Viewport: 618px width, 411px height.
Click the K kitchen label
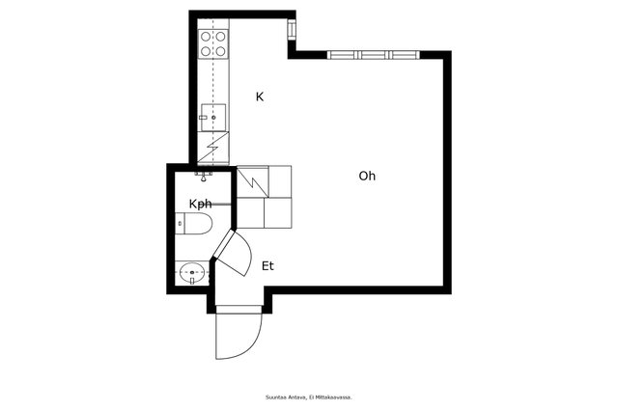point(260,96)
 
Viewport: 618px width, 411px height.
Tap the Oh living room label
point(367,176)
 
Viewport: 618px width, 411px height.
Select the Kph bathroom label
point(200,204)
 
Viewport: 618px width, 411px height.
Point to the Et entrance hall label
point(267,266)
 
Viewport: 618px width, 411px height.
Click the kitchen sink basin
point(213,118)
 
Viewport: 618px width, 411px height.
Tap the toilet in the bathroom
point(193,223)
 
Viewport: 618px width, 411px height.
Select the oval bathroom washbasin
point(192,272)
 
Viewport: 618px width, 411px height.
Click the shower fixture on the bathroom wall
point(204,176)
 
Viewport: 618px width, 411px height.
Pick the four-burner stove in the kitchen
point(213,43)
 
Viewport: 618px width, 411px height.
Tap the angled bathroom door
point(223,244)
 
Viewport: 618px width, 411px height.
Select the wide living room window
point(374,55)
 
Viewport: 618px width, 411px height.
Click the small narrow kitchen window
point(292,29)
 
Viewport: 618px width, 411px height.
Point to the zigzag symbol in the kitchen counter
point(212,148)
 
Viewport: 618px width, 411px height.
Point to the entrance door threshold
point(239,310)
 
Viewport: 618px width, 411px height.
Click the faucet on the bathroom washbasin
point(192,281)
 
